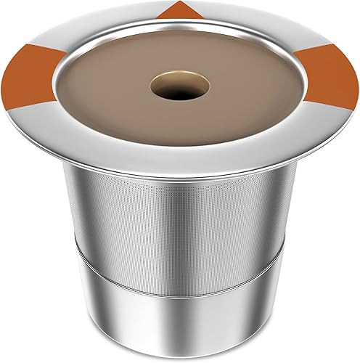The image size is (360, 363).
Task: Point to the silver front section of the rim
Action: pyautogui.click(x=181, y=163)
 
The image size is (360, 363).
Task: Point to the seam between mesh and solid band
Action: pyautogui.click(x=181, y=266)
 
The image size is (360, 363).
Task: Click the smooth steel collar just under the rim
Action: pyautogui.click(x=181, y=186)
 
